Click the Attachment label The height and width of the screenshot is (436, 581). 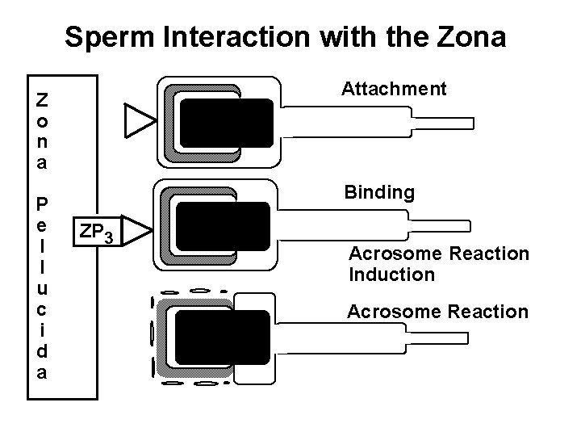click(x=394, y=89)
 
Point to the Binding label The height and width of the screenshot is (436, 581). click(x=379, y=193)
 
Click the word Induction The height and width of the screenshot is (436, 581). click(x=391, y=275)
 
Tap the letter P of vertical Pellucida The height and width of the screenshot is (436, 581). click(x=41, y=202)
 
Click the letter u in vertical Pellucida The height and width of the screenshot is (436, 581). click(x=41, y=288)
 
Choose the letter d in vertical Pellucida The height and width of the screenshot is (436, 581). click(x=41, y=351)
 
